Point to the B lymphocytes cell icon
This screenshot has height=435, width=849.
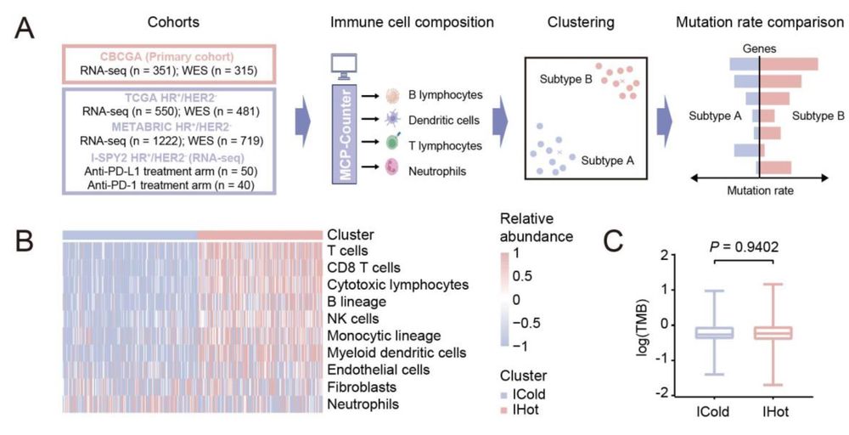pos(393,98)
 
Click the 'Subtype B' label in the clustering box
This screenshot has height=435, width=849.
pos(565,79)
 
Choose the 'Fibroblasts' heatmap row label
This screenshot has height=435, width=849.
pos(357,387)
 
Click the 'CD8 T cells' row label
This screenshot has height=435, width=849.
pos(363,266)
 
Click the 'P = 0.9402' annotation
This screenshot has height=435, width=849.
pos(742,246)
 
